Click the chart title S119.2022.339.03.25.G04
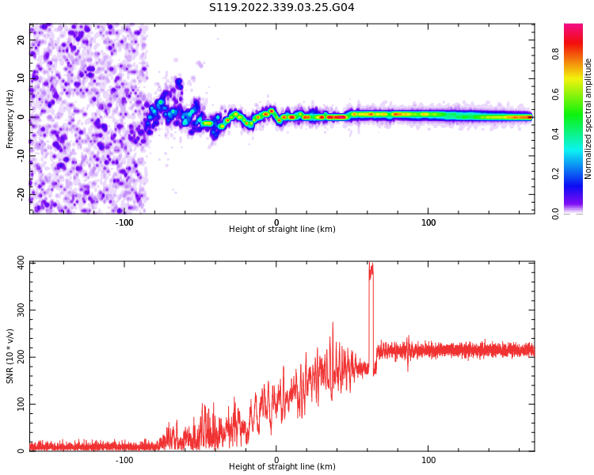(281, 8)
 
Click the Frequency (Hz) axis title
(10, 118)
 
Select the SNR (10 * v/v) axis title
(10, 356)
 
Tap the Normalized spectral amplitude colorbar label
(588, 118)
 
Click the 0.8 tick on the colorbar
(556, 54)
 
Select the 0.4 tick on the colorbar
(556, 134)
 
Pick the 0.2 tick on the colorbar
(556, 173)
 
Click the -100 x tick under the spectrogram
(124, 222)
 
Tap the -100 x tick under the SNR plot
(124, 460)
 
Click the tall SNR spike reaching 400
(370, 269)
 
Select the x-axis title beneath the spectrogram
(282, 230)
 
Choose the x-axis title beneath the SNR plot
(282, 467)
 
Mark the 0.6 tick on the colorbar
(556, 93)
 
